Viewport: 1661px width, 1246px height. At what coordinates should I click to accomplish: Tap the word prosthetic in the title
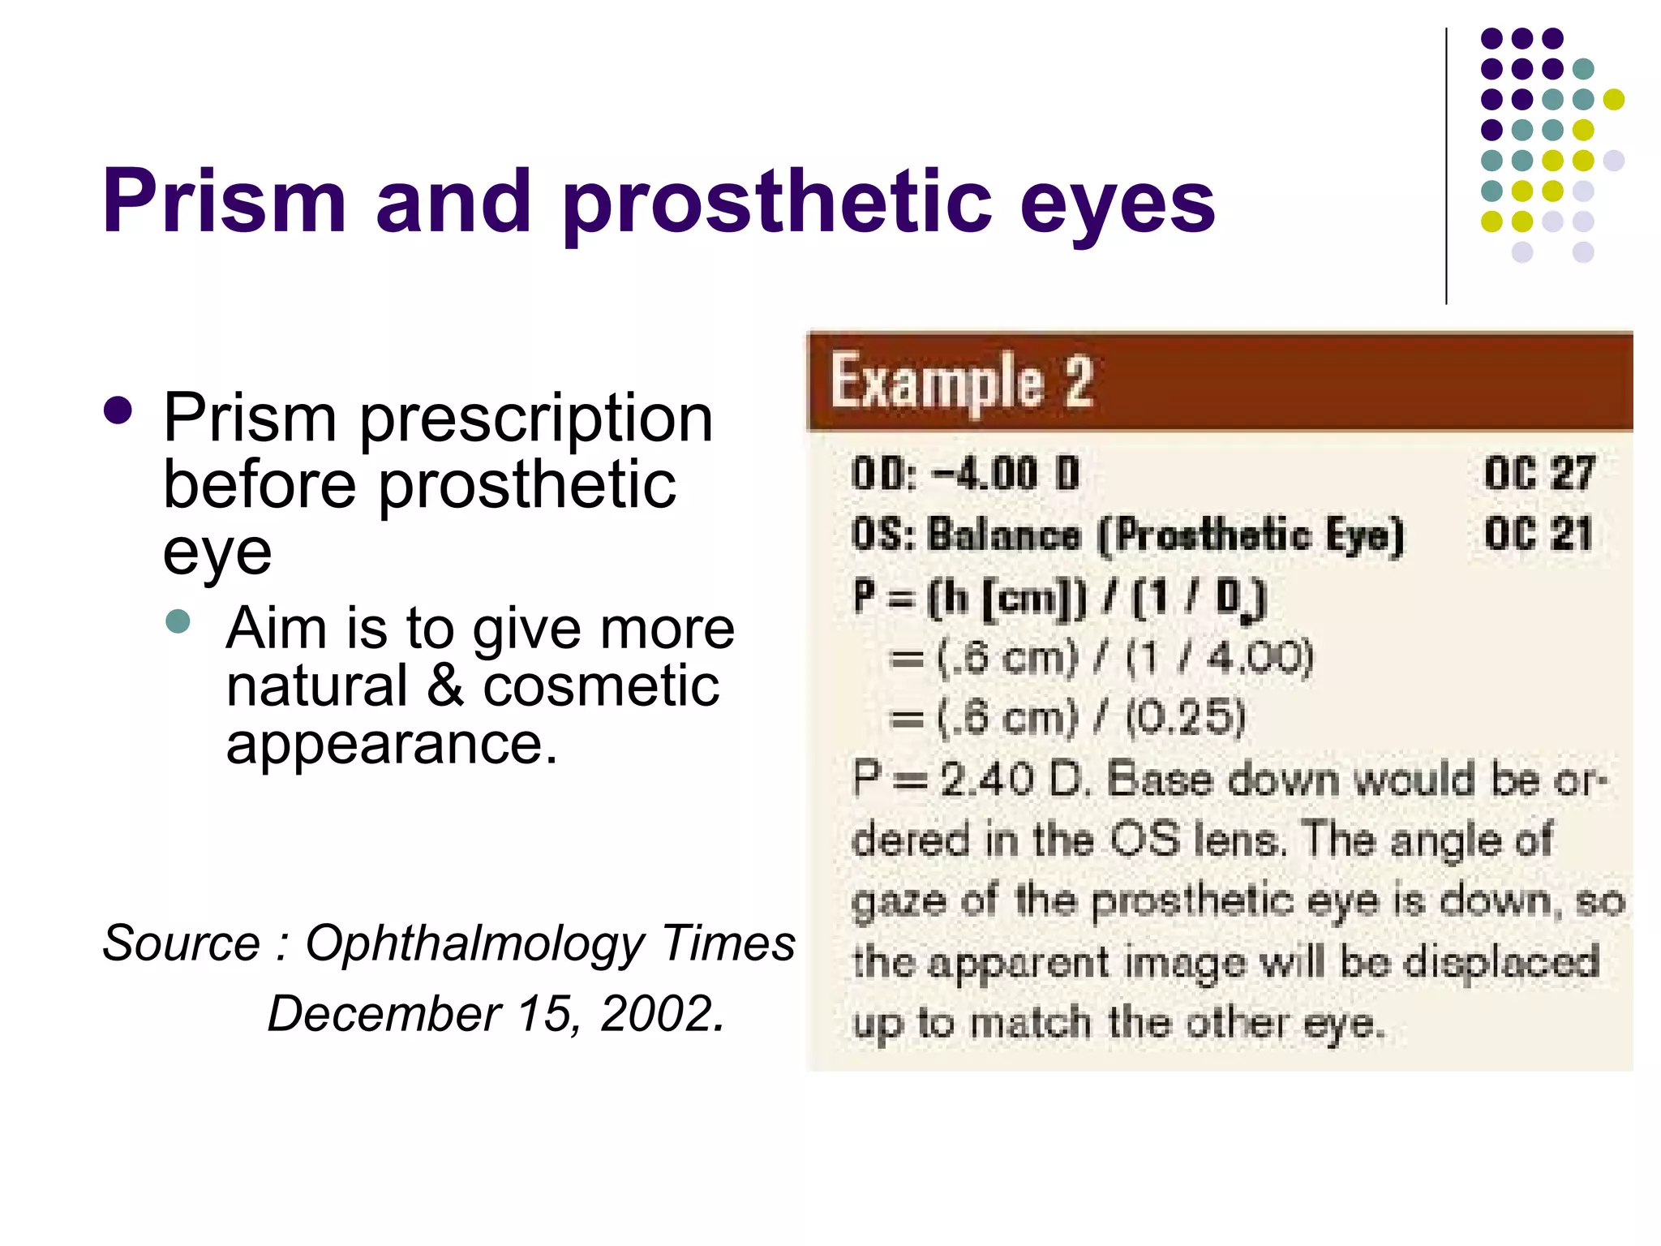point(777,203)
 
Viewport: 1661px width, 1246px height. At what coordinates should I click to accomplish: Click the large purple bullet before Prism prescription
point(118,410)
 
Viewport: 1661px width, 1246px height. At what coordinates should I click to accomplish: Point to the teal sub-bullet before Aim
point(178,622)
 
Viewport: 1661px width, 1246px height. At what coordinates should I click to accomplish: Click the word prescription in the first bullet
point(536,420)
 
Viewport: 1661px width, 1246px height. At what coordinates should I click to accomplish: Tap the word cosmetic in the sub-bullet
point(601,686)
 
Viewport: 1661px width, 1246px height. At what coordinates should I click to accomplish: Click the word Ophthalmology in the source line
point(474,943)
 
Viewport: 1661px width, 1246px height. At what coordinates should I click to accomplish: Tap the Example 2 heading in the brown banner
point(963,381)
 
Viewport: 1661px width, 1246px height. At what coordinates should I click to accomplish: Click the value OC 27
point(1539,473)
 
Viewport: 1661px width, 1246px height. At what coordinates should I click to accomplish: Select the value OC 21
point(1539,534)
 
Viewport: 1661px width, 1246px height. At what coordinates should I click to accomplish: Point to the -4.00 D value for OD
point(1006,473)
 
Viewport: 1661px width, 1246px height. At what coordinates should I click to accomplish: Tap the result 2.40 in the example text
point(986,780)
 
